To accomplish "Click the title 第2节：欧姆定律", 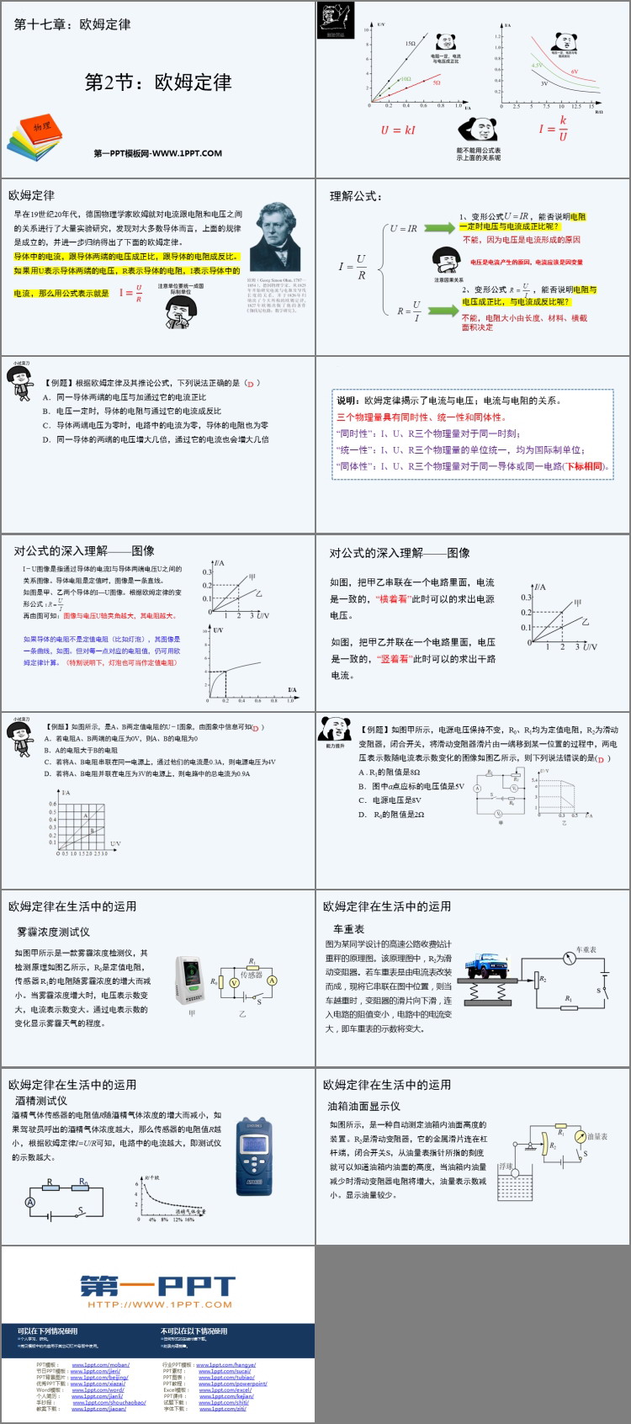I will tap(157, 82).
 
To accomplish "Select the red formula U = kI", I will tap(397, 130).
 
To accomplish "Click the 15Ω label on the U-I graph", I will tap(411, 44).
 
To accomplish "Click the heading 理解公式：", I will tap(356, 196).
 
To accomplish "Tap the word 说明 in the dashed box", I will tap(347, 401).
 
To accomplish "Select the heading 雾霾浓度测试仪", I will tap(53, 932).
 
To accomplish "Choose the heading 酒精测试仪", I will tap(41, 1100).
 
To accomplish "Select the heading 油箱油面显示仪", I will tap(363, 1106).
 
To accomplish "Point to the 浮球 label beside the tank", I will tap(506, 1167).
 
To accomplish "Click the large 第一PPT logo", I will tap(158, 1287).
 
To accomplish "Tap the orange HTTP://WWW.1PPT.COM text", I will tap(159, 1304).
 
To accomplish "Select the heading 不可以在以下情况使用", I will tap(194, 1331).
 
